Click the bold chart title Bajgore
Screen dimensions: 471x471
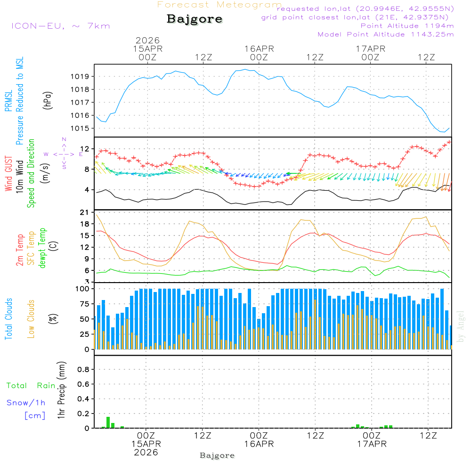click(195, 19)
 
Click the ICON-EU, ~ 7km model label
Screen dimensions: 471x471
click(60, 26)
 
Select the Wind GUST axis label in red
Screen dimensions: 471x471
click(8, 175)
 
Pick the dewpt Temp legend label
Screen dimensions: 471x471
click(43, 248)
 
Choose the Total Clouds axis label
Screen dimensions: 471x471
click(8, 319)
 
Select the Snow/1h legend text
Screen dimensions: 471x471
click(26, 403)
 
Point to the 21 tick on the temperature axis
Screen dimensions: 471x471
click(85, 213)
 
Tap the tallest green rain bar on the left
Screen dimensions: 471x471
click(108, 422)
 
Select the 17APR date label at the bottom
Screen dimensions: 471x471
click(372, 444)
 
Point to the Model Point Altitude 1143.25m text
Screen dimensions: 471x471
click(386, 34)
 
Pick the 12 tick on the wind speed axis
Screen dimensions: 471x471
click(85, 148)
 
